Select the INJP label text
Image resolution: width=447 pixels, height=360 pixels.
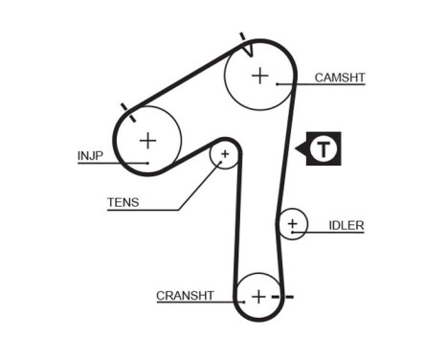coord(90,153)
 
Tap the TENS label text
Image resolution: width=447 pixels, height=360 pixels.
coord(122,201)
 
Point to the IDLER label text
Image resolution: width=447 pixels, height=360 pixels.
coord(346,225)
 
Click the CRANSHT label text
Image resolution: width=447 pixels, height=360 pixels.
coord(185,295)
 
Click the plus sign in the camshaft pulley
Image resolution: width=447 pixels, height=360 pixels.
coord(259,75)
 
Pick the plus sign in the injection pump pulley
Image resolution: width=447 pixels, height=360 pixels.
coord(147,141)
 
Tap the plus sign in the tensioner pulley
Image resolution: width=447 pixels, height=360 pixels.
coord(225,153)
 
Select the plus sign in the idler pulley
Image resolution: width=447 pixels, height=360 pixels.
coord(292,226)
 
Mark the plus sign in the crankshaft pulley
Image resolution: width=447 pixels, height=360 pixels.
coord(257,297)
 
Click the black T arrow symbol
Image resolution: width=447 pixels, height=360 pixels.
coord(323,149)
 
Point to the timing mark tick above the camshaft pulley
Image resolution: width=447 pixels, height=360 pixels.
coord(245,42)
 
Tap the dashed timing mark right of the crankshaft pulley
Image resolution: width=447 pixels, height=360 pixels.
coord(284,298)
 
